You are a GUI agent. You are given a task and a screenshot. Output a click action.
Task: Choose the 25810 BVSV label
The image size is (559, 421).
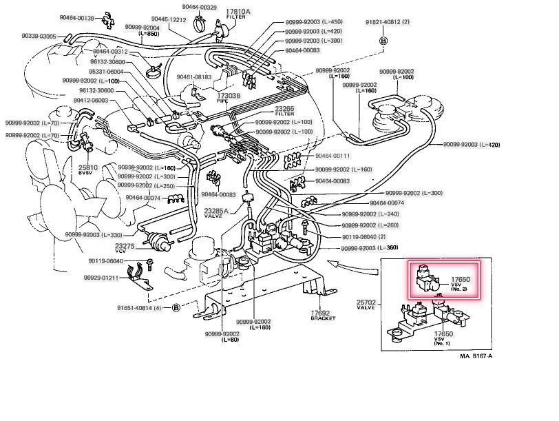coord(87,170)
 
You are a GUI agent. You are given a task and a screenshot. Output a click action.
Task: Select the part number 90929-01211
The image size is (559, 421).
coord(103,278)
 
